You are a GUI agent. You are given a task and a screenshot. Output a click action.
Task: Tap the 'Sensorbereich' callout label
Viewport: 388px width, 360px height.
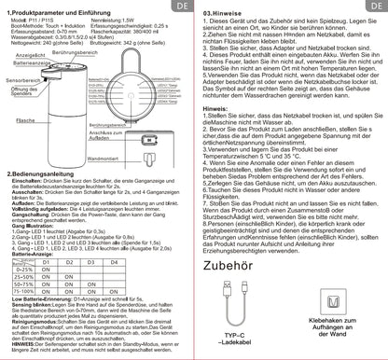pyautogui.click(x=24, y=106)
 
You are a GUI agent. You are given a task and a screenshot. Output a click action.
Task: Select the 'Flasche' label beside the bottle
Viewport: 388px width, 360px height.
pyautogui.click(x=27, y=146)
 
